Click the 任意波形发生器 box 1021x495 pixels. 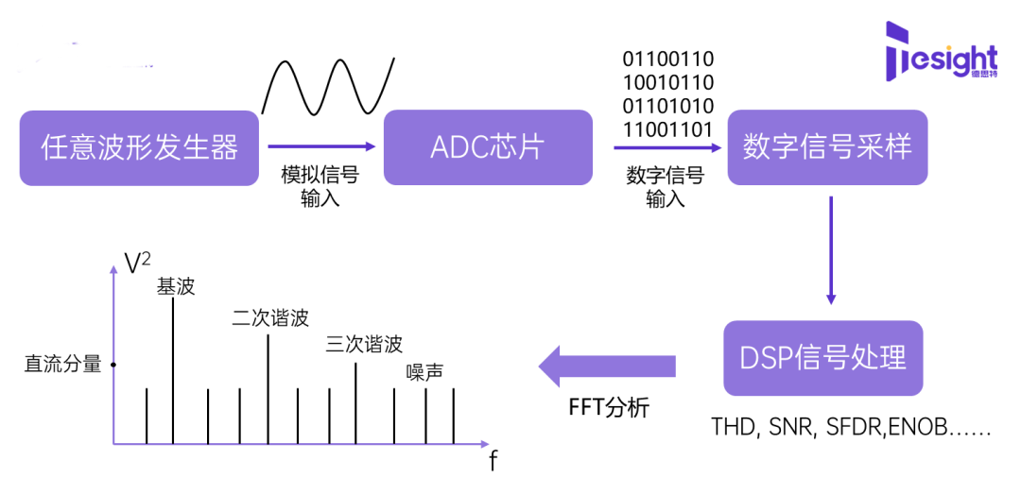coord(139,147)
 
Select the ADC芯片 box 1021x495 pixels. coord(488,147)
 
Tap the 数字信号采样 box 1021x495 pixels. coord(827,147)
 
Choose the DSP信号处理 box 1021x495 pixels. coord(822,358)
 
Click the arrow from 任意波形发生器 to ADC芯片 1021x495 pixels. coord(321,146)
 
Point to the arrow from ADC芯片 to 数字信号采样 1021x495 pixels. coord(667,147)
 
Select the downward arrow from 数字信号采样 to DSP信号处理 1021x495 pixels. coord(830,250)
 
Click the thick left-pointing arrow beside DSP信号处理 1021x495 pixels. coord(607,366)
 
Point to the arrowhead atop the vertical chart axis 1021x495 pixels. coord(113,269)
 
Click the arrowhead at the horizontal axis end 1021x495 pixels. coord(485,443)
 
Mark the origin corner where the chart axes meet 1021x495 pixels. coord(113,443)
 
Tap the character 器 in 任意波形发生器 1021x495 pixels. coord(225,147)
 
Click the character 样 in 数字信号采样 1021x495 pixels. coord(899,147)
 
